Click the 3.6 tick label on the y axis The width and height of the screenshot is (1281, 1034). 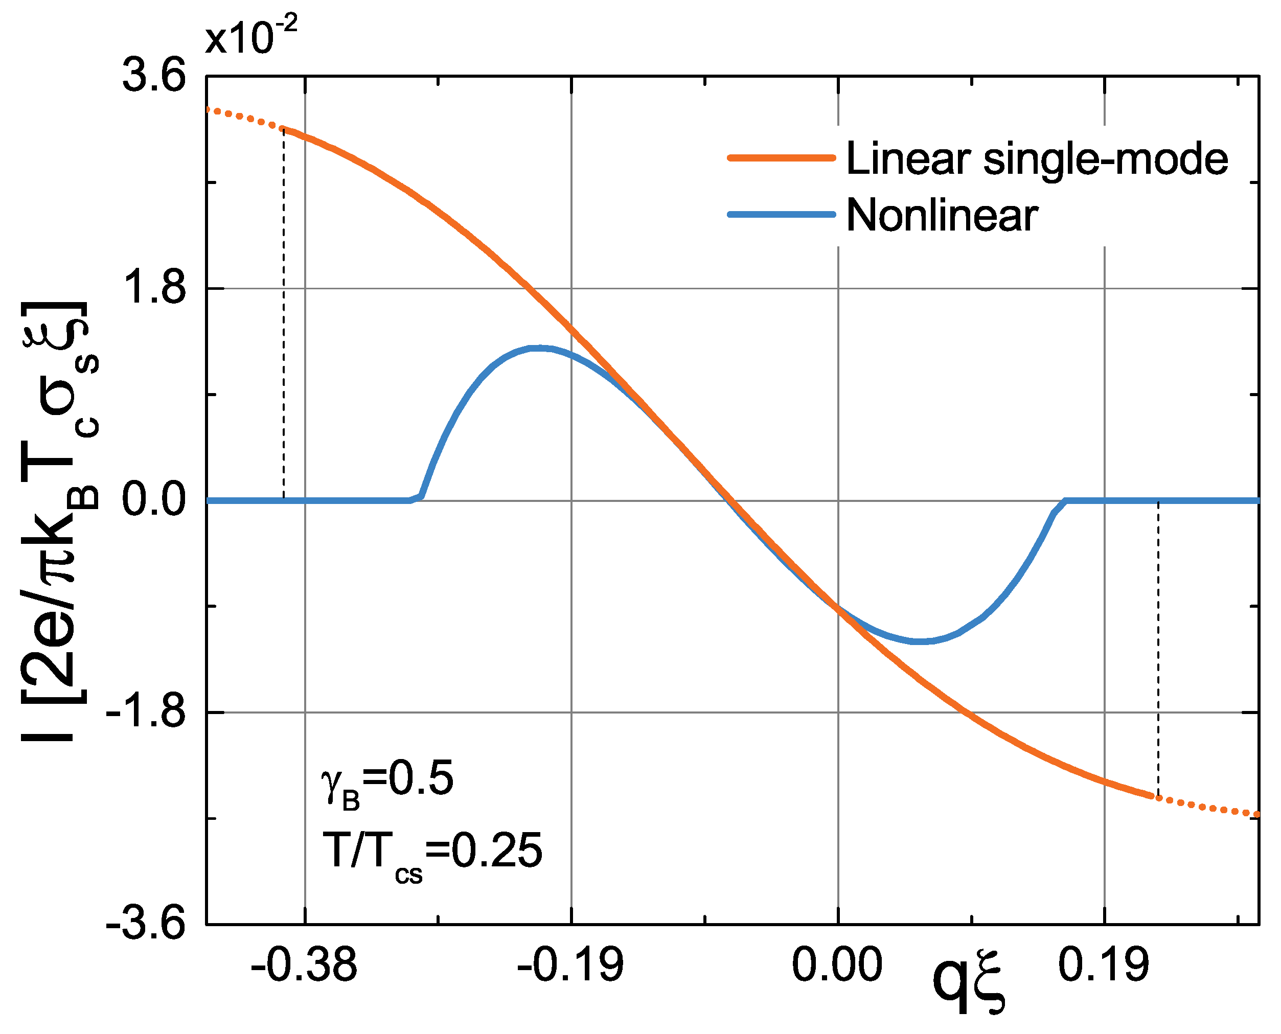coord(154,77)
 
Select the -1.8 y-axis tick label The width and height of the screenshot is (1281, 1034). coord(146,712)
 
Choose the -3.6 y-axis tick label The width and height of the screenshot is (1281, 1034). coord(146,925)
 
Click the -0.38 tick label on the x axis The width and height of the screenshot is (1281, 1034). coord(304,965)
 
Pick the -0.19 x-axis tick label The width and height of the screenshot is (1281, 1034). coord(570,965)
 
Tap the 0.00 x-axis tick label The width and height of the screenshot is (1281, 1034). coord(837,965)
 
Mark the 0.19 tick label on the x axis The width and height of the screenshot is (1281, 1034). coord(1104,965)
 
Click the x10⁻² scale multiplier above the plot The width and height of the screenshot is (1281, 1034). coord(251,37)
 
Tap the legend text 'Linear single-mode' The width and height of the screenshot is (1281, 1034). coord(1037,159)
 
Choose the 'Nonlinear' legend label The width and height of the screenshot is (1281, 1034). coord(942,215)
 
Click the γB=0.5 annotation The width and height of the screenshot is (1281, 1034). coord(387,780)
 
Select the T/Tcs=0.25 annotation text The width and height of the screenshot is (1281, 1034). coord(432,852)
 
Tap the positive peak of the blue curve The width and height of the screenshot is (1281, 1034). coord(539,348)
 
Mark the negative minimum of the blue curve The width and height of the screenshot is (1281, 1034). coord(921,641)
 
